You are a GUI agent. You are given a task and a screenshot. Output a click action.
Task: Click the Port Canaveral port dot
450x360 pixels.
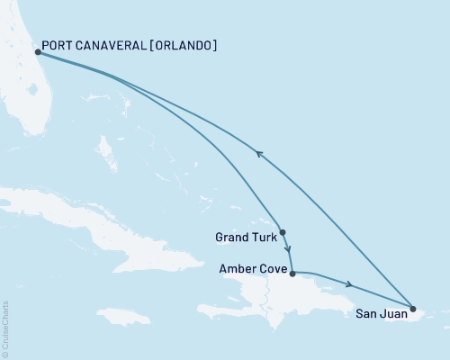[38, 52]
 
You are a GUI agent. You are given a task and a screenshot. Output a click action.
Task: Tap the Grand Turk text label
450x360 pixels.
[244, 238]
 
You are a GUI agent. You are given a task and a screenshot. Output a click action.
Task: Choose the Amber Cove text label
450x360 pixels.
[253, 269]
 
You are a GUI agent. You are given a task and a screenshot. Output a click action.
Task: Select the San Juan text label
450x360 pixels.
[379, 315]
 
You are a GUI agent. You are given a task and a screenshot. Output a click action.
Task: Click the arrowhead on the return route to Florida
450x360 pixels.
[260, 154]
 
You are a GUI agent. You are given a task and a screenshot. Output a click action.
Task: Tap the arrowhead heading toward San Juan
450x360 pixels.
[347, 284]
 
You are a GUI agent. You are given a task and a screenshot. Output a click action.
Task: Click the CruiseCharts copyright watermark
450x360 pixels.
[6, 328]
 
